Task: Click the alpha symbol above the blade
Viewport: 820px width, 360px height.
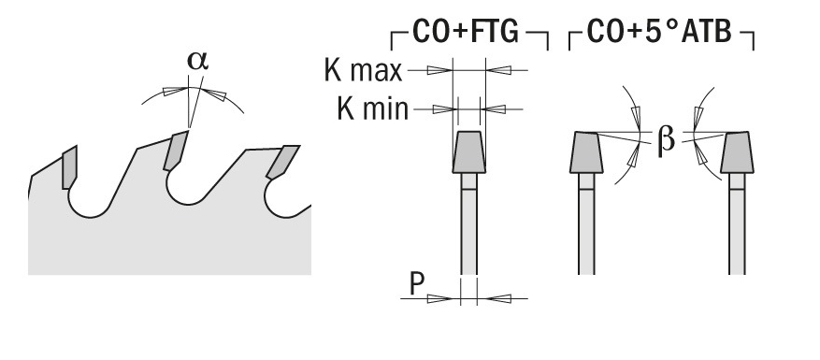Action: coord(198,61)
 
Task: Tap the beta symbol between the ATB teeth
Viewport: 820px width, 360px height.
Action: coord(666,139)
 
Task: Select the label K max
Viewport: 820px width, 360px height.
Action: coord(364,70)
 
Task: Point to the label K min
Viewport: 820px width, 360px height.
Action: coord(372,108)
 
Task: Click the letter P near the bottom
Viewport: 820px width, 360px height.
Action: coord(416,284)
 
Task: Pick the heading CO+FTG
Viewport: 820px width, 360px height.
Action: coord(466,32)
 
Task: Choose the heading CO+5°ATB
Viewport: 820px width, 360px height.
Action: coord(659,32)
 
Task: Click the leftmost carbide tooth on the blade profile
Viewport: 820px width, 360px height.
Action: coord(69,167)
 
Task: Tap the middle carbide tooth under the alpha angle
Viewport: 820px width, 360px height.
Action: coord(175,151)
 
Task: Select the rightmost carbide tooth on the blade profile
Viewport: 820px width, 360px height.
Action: coord(282,161)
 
